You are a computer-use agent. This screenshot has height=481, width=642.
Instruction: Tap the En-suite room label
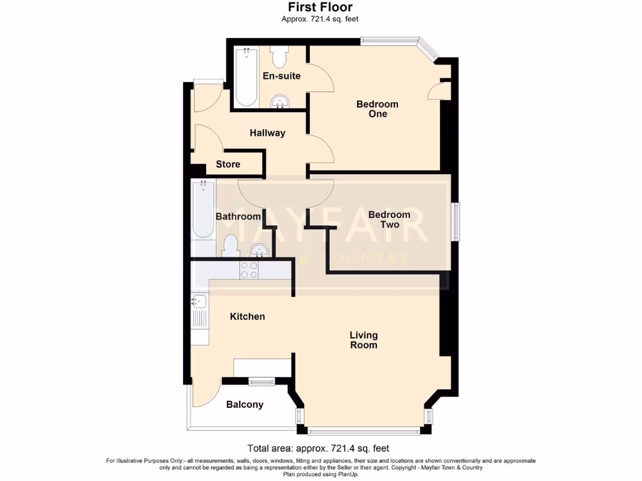coord(282,76)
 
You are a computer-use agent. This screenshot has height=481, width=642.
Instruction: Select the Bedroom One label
coord(377,109)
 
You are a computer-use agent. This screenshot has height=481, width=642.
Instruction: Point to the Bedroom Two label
coord(389,219)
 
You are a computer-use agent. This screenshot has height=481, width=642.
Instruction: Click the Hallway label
coord(267,133)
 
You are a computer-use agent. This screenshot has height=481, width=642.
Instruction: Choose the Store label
coord(228,164)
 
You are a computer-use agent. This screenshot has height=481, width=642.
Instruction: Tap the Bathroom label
coord(238,217)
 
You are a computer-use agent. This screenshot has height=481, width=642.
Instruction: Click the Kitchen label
coord(247,316)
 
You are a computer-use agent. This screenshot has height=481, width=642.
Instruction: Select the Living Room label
coord(364,340)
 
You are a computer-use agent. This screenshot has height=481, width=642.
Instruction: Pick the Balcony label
coord(245,405)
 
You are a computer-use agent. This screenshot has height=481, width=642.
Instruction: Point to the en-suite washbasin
coord(279,101)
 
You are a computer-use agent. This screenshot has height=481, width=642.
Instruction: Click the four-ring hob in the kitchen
coord(248,269)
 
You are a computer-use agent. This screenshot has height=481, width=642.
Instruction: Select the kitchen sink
coord(199,302)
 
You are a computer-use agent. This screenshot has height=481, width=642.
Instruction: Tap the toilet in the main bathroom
coord(229,246)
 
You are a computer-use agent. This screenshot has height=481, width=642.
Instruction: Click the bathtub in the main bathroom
coord(203,210)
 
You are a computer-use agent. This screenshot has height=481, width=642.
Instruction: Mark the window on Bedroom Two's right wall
coord(456,222)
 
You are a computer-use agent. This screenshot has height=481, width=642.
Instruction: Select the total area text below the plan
coord(318,448)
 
